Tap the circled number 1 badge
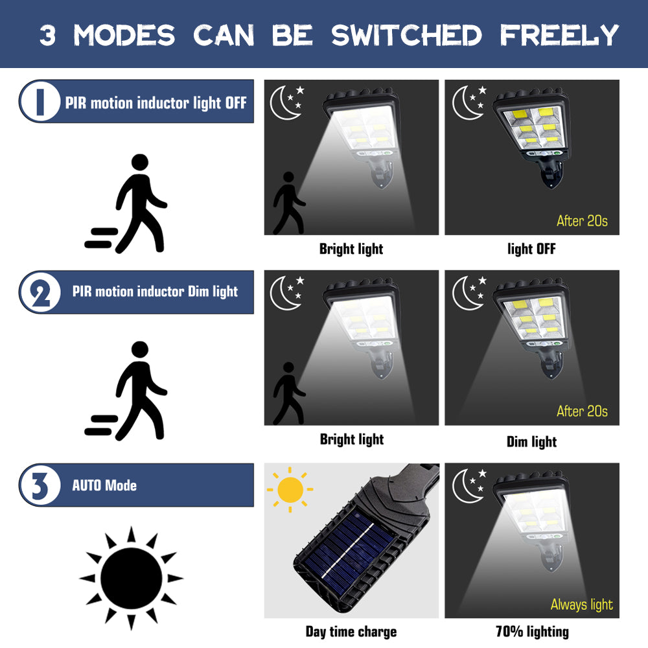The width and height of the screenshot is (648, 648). pos(40,102)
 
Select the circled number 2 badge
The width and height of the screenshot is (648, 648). pos(40,292)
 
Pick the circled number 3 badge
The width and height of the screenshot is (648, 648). pos(40,485)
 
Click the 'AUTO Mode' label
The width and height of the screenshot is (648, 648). pos(104,485)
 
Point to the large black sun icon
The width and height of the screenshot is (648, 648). pos(131,577)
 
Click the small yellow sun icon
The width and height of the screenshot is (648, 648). pos(290,489)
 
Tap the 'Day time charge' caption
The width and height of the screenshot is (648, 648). pos(351,631)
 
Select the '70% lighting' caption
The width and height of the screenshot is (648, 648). pos(531,631)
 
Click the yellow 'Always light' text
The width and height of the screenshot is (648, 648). pos(581,605)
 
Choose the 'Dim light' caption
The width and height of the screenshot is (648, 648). pos(531,442)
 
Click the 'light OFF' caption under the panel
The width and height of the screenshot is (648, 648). pos(531,249)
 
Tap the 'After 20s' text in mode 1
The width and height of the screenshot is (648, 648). pos(582,221)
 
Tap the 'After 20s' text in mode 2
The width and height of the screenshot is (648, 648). pos(582,411)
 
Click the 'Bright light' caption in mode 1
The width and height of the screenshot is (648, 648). pos(351,249)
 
